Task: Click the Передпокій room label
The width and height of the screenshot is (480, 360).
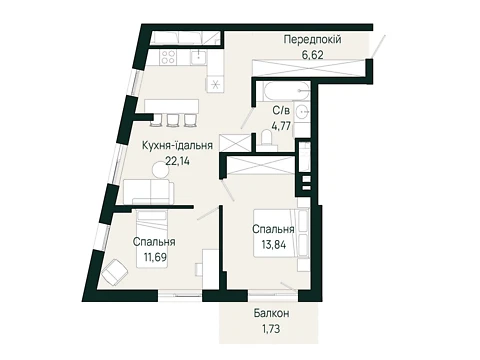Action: click(312, 40)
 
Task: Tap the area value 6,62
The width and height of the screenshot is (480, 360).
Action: click(312, 54)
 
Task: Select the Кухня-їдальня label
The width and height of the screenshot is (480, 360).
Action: click(177, 146)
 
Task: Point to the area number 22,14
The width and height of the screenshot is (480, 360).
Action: click(178, 161)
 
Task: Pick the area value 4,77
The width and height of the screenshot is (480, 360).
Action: click(281, 126)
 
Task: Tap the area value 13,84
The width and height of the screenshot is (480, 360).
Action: click(274, 245)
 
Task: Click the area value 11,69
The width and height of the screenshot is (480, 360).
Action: click(154, 257)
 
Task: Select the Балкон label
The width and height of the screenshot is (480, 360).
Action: click(271, 313)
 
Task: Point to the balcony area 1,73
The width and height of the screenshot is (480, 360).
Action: click(271, 329)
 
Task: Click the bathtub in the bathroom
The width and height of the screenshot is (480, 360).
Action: click(287, 91)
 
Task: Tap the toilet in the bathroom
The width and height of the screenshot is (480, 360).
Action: click(268, 139)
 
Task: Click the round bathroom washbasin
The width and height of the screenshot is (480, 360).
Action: click(303, 110)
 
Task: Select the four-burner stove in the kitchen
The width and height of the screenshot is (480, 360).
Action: click(168, 57)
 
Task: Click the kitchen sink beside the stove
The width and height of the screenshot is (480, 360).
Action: click(199, 57)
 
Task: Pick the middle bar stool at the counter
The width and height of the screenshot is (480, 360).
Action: click(173, 120)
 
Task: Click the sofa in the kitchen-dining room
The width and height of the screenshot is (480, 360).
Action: click(149, 191)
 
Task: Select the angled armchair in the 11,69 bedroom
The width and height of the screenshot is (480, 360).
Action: click(115, 272)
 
